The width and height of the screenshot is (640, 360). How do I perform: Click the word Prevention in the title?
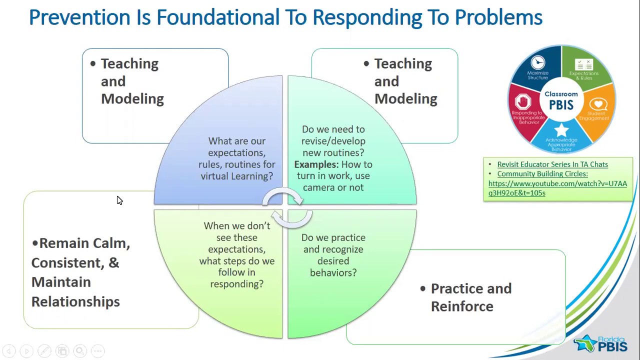click(79, 17)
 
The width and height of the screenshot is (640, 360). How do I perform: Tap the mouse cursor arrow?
click(119, 200)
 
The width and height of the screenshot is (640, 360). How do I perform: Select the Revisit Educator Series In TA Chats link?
click(552, 164)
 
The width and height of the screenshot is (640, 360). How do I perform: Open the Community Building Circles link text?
click(542, 174)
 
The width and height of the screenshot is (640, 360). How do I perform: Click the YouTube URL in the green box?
click(557, 188)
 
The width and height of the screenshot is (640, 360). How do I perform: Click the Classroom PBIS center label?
click(561, 100)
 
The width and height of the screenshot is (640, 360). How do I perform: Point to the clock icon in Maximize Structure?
click(538, 62)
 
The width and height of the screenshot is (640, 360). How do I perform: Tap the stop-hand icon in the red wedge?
click(522, 102)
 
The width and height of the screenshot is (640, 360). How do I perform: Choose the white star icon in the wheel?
click(561, 130)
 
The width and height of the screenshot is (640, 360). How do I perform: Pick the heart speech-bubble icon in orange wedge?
click(597, 104)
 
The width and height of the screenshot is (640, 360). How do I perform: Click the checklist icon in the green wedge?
click(583, 64)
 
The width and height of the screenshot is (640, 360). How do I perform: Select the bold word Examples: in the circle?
click(316, 164)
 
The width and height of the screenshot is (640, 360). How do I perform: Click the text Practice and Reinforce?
click(470, 297)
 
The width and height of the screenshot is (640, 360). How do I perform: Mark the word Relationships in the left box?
click(75, 302)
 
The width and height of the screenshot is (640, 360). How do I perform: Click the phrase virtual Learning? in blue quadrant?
click(236, 176)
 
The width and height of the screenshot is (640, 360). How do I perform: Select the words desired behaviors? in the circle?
click(333, 267)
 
